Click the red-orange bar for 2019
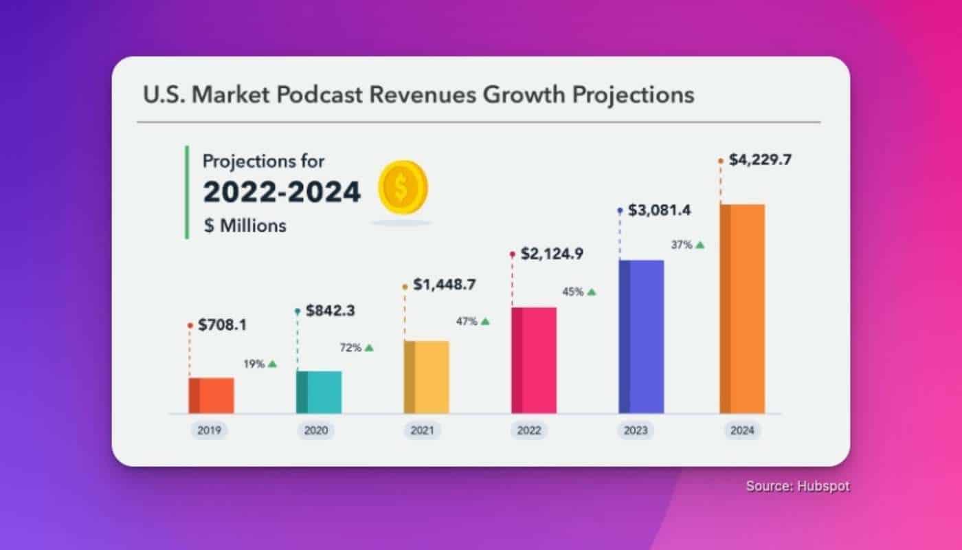[x=212, y=395]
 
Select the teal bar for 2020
[x=319, y=392]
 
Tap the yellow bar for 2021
[x=427, y=377]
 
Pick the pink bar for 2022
[x=534, y=360]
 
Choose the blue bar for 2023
[x=641, y=336]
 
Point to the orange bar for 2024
[x=742, y=309]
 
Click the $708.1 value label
[x=222, y=325]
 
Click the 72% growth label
[x=350, y=348]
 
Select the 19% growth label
[x=254, y=364]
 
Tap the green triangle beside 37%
[x=700, y=244]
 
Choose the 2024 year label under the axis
[x=742, y=431]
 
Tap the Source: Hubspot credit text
[x=798, y=486]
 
